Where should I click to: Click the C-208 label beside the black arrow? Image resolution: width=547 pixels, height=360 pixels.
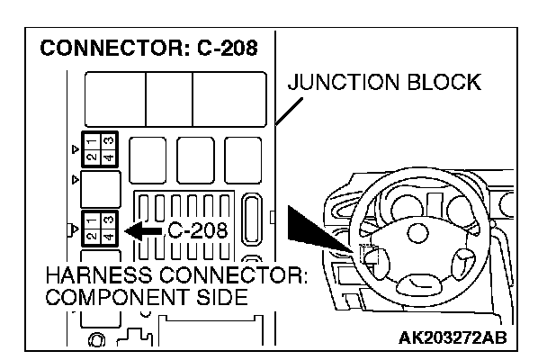pyautogui.click(x=197, y=231)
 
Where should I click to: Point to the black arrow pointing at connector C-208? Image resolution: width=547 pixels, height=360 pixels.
pyautogui.click(x=143, y=231)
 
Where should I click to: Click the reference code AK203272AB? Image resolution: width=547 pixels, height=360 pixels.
pyautogui.click(x=450, y=337)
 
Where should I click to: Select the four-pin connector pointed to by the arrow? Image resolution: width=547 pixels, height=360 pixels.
pyautogui.click(x=98, y=227)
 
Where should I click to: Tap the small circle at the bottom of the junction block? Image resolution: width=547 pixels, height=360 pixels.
pyautogui.click(x=95, y=339)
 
